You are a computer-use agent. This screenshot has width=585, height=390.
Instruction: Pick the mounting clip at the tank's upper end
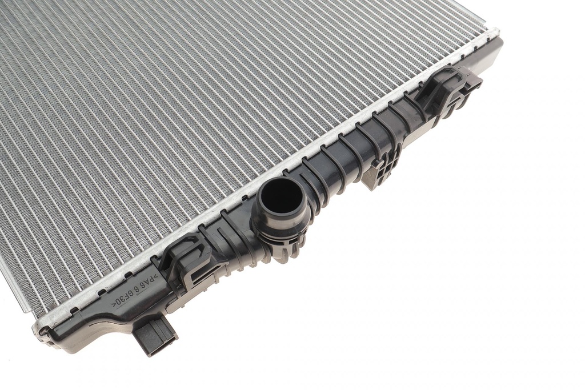pos(448,91)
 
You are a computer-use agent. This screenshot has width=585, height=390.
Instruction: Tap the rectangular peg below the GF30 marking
pos(157,334)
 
